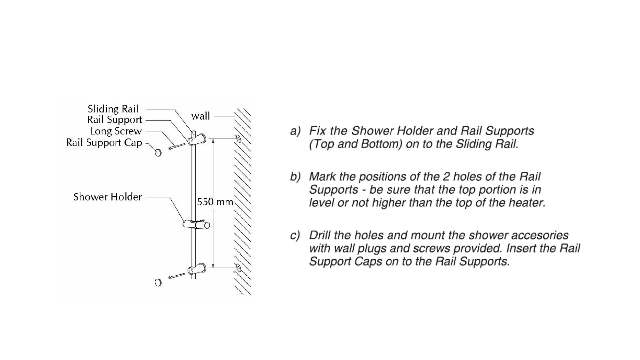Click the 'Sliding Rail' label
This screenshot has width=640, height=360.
(113, 109)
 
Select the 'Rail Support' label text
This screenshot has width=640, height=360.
(114, 120)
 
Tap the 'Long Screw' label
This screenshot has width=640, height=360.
(116, 131)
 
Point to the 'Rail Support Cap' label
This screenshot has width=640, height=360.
(104, 143)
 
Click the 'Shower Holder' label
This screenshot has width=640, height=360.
(108, 197)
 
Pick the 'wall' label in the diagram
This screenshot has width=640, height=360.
(200, 116)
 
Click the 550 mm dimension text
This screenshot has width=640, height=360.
(215, 202)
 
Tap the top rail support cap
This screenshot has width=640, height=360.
(158, 153)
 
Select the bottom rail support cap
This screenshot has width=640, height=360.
(158, 283)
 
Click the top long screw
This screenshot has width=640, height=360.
(177, 146)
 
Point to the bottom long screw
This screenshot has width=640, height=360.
(177, 276)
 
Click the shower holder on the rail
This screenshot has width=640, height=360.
(197, 224)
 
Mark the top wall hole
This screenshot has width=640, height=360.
(238, 138)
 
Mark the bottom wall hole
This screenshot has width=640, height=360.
(238, 267)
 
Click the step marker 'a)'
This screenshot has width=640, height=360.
(295, 131)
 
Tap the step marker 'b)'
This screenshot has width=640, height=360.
(295, 176)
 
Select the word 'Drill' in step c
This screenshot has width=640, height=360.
(320, 235)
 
